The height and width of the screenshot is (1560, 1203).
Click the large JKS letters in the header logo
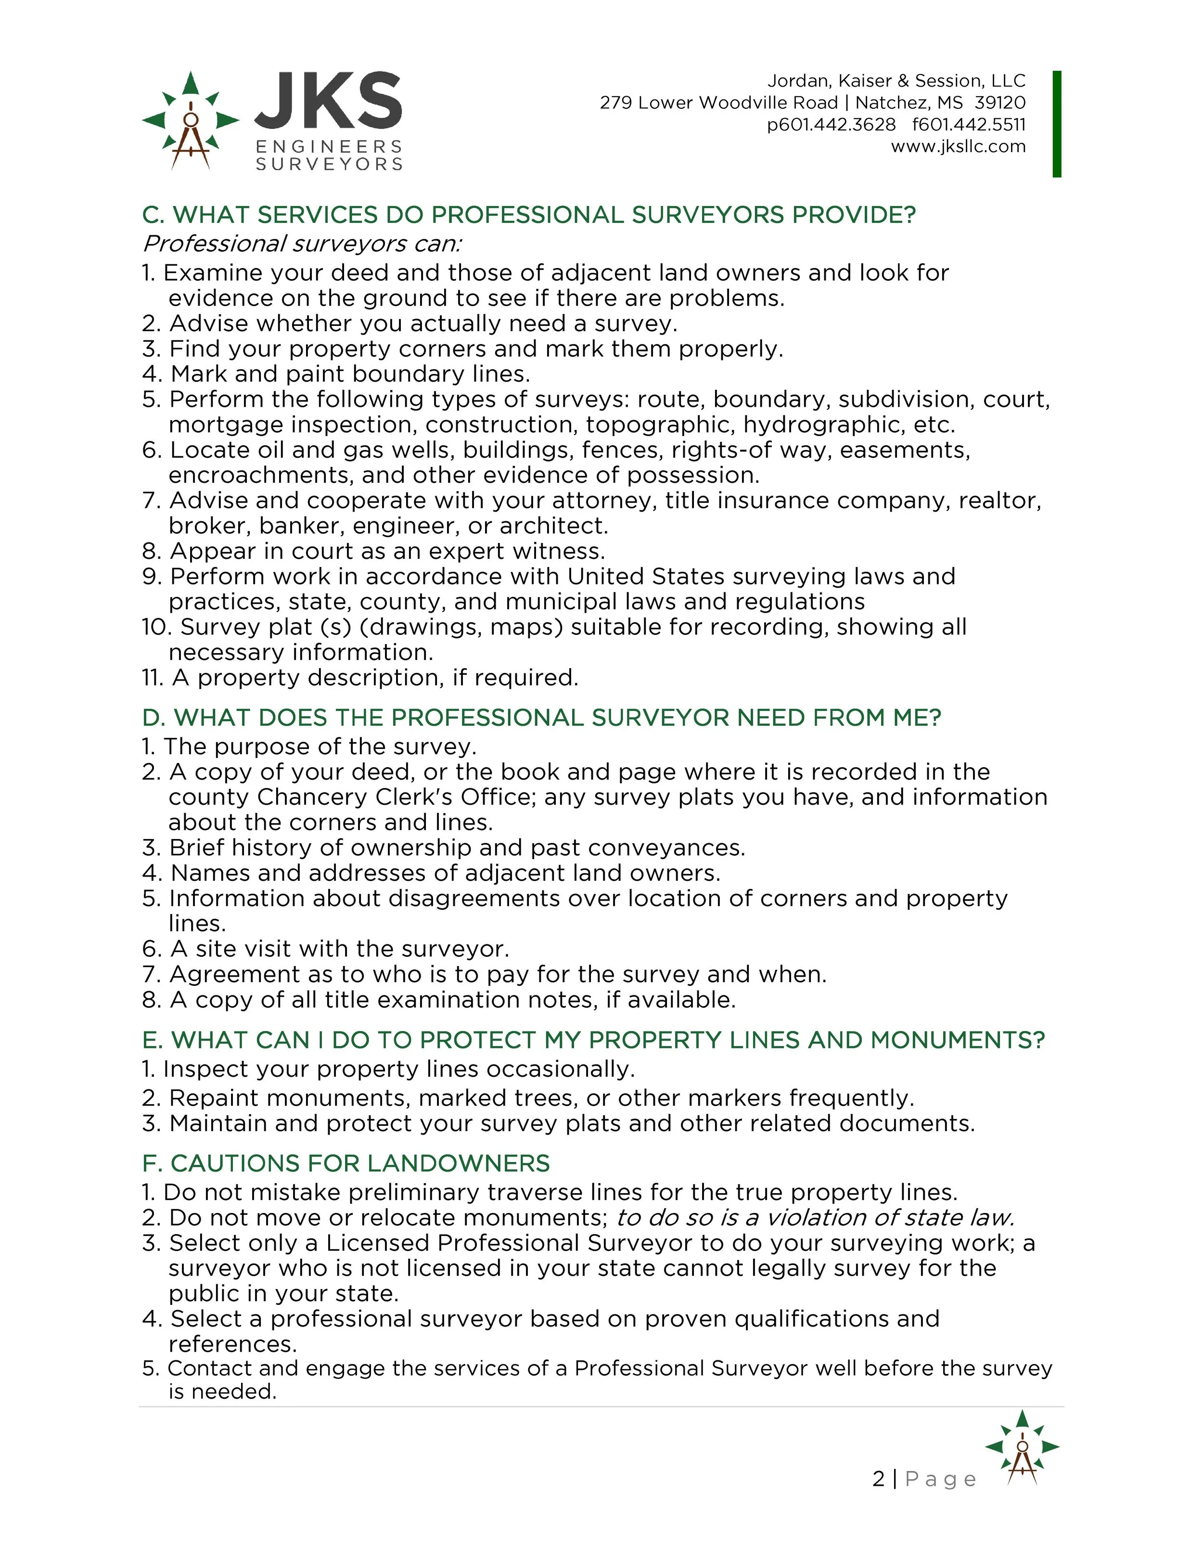(328, 101)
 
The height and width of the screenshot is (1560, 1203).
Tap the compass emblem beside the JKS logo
(190, 120)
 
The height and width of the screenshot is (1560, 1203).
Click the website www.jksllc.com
(958, 146)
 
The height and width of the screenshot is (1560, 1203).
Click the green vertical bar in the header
(1057, 124)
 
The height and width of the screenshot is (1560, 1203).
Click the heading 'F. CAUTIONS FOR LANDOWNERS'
(346, 1163)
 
